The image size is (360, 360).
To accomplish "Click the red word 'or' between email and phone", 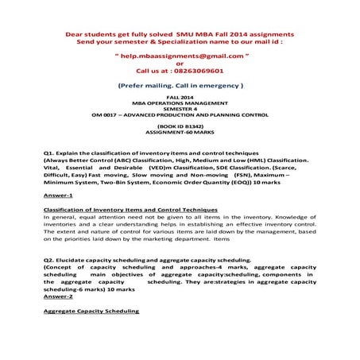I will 179,64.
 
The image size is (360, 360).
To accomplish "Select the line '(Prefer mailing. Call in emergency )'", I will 179,83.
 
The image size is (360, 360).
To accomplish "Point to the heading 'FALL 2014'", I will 179,97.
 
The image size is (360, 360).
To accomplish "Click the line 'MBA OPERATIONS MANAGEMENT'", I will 179,103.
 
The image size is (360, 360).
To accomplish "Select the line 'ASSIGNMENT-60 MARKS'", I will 179,134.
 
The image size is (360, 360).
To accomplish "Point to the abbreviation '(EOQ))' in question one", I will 241,181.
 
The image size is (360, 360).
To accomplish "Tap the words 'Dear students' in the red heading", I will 84,36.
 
